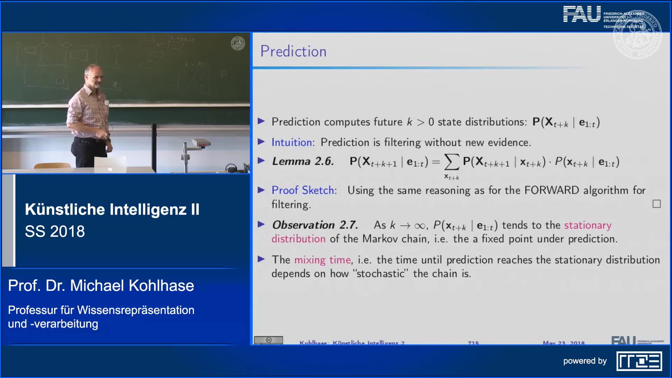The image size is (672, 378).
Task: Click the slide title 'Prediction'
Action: tap(293, 51)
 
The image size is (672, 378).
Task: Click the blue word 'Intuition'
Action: tap(292, 142)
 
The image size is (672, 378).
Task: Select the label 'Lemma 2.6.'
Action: tap(303, 161)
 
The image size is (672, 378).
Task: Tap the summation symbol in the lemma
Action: tap(451, 162)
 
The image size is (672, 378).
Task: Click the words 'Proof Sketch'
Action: tap(303, 190)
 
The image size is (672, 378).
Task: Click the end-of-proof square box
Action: tap(656, 204)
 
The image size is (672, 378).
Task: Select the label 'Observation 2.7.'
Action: tap(315, 225)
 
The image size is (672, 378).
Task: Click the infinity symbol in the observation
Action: tap(419, 226)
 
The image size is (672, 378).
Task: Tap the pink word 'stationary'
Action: tap(588, 225)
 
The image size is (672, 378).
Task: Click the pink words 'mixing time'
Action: tap(322, 260)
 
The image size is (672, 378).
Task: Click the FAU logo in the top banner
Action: tap(582, 15)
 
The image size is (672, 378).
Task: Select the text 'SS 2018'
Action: tap(55, 231)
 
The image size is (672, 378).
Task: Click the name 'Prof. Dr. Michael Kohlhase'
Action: tap(101, 286)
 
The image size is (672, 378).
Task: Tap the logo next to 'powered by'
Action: tap(639, 361)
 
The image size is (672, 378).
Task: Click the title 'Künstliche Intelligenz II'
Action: tap(112, 209)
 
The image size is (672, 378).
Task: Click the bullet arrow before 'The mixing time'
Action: tap(261, 259)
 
